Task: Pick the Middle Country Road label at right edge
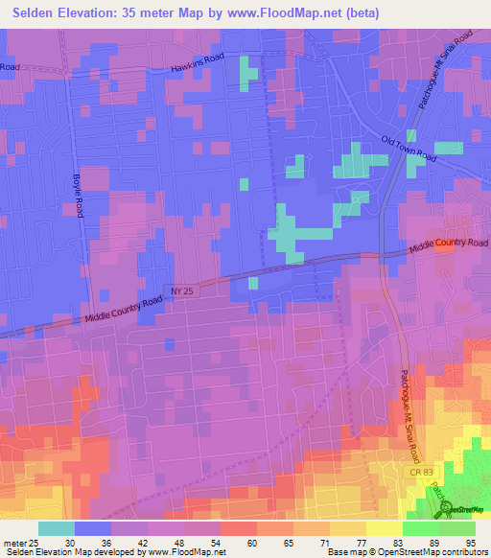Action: pyautogui.click(x=449, y=246)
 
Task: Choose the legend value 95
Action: pyautogui.click(x=471, y=542)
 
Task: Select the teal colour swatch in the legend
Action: pyautogui.click(x=57, y=528)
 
